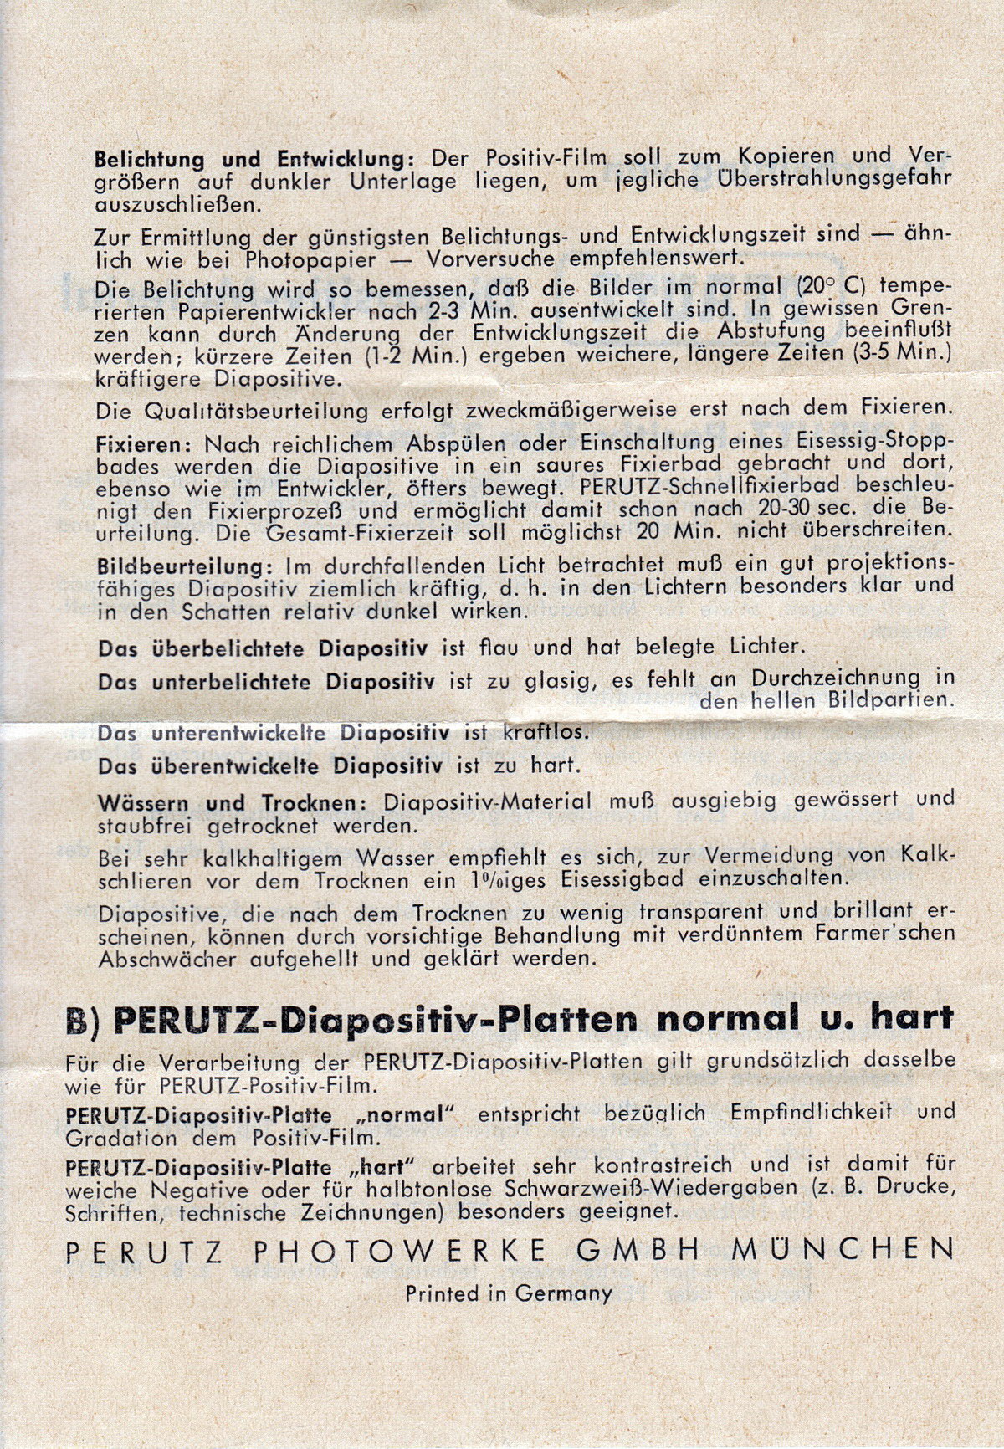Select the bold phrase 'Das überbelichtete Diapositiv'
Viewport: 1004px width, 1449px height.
264,648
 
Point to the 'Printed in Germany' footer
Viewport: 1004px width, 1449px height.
509,1293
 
